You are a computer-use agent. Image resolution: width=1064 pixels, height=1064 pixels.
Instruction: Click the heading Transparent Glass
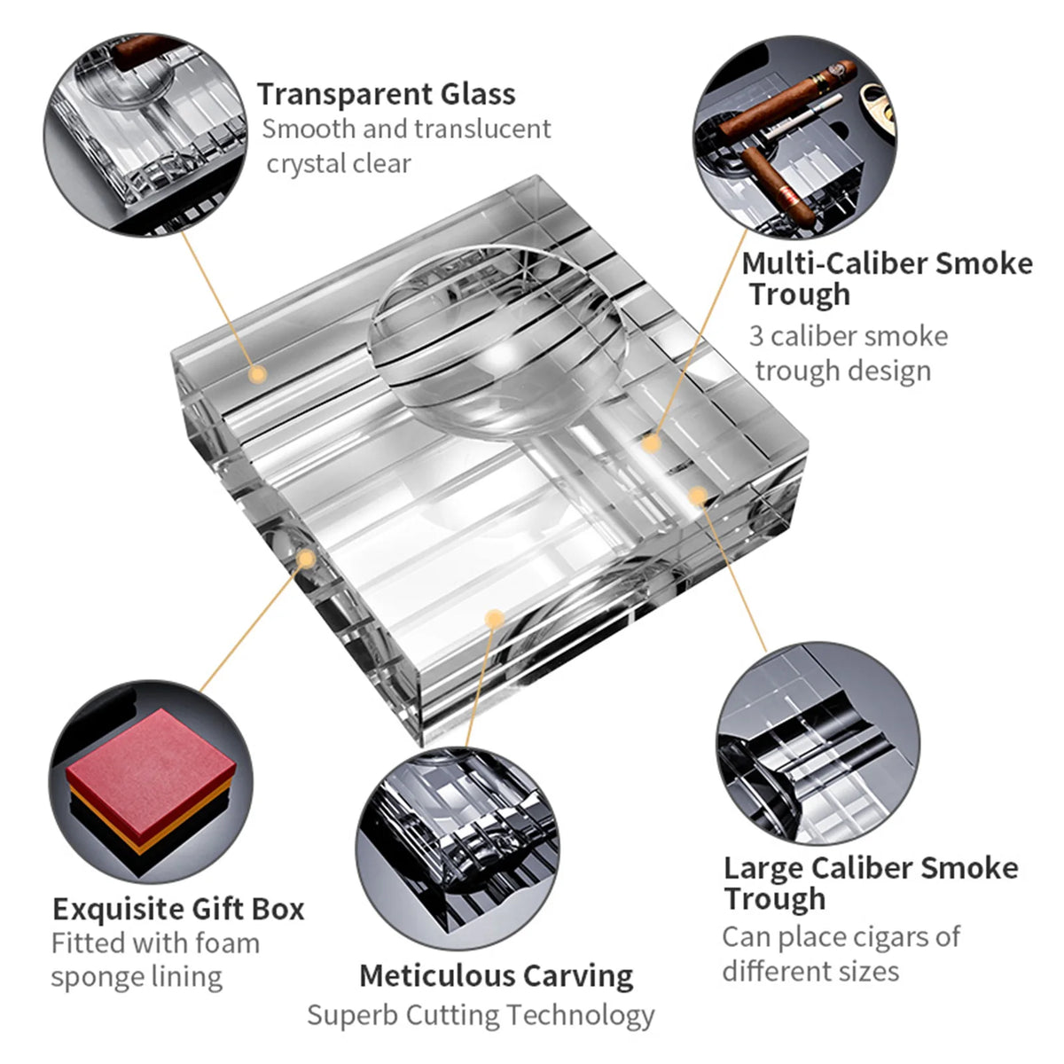tap(386, 94)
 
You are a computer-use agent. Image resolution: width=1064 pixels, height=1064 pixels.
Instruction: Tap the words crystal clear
tap(339, 164)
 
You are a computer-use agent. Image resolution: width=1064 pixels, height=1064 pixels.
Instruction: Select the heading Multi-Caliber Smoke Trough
tap(887, 278)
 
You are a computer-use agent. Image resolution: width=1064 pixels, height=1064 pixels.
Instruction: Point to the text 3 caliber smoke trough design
tap(847, 353)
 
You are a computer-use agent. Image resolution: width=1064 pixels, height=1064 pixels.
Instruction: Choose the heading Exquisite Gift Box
tap(177, 909)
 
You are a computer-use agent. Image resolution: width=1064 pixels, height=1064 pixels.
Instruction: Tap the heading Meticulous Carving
tap(496, 975)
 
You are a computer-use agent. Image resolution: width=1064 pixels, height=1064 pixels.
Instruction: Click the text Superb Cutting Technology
tap(481, 1014)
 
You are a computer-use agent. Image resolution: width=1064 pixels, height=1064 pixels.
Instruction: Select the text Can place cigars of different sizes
tap(840, 953)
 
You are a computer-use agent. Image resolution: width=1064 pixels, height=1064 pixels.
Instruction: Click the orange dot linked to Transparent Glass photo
tap(257, 374)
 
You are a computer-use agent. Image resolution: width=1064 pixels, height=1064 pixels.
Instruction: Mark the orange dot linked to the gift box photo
tap(307, 559)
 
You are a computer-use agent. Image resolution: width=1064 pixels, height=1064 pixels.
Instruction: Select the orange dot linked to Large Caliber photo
tap(698, 496)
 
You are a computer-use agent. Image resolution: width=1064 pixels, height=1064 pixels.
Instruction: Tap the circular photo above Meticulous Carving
tap(458, 846)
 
